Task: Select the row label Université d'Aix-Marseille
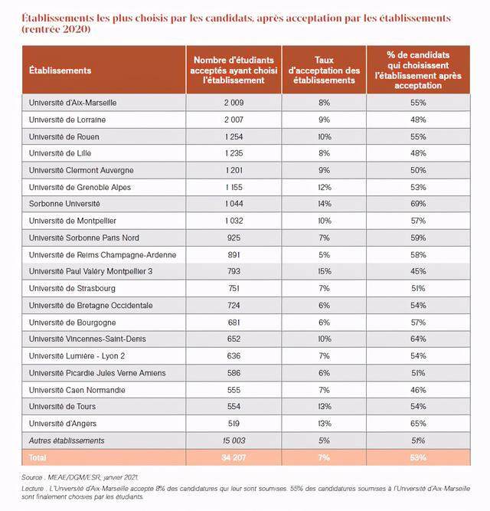pos(73,102)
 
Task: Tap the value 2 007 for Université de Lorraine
pos(234,120)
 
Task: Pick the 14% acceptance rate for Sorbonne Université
pos(324,204)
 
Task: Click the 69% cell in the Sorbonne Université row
pos(418,204)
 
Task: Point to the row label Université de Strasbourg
pos(73,288)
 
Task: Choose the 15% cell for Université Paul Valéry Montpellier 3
pos(324,271)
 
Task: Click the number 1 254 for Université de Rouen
pos(234,136)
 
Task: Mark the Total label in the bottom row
pos(38,457)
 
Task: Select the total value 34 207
pos(234,457)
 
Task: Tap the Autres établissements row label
pos(67,441)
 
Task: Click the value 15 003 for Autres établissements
pos(234,441)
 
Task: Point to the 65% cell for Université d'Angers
pos(418,423)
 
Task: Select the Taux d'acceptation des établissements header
pos(324,70)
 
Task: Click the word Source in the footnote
pos(34,477)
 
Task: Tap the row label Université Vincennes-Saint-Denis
pos(87,339)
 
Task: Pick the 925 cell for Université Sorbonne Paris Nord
pos(234,237)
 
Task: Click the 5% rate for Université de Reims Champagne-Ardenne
pos(324,254)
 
